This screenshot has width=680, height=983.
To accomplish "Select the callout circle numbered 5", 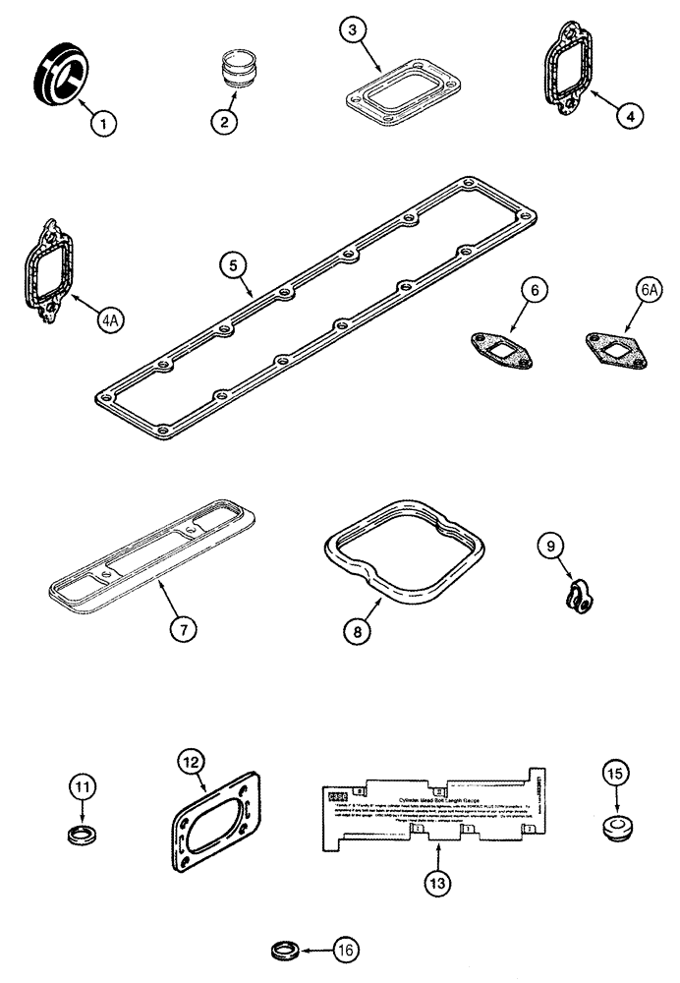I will tap(230, 264).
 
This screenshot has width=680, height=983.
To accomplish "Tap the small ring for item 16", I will tap(286, 952).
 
